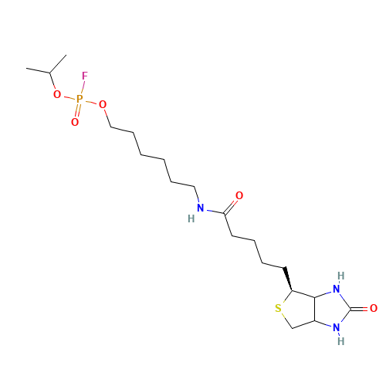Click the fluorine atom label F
click(85, 76)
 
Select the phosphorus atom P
click(80, 99)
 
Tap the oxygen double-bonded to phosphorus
click(75, 122)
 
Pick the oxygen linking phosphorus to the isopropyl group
click(57, 94)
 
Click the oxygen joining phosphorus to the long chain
click(103, 104)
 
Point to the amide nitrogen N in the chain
click(201, 208)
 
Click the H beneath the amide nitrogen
click(191, 218)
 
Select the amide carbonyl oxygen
click(239, 195)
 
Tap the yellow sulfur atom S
click(278, 308)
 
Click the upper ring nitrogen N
click(337, 289)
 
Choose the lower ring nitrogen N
click(337, 327)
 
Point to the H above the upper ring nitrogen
click(341, 276)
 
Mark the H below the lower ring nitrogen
click(341, 341)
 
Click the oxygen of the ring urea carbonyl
click(374, 308)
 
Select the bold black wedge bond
click(288, 279)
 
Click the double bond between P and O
click(78, 110)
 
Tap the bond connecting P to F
click(83, 87)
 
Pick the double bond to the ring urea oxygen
click(360, 308)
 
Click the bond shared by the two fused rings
click(314, 310)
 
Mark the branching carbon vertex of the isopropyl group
click(50, 73)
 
